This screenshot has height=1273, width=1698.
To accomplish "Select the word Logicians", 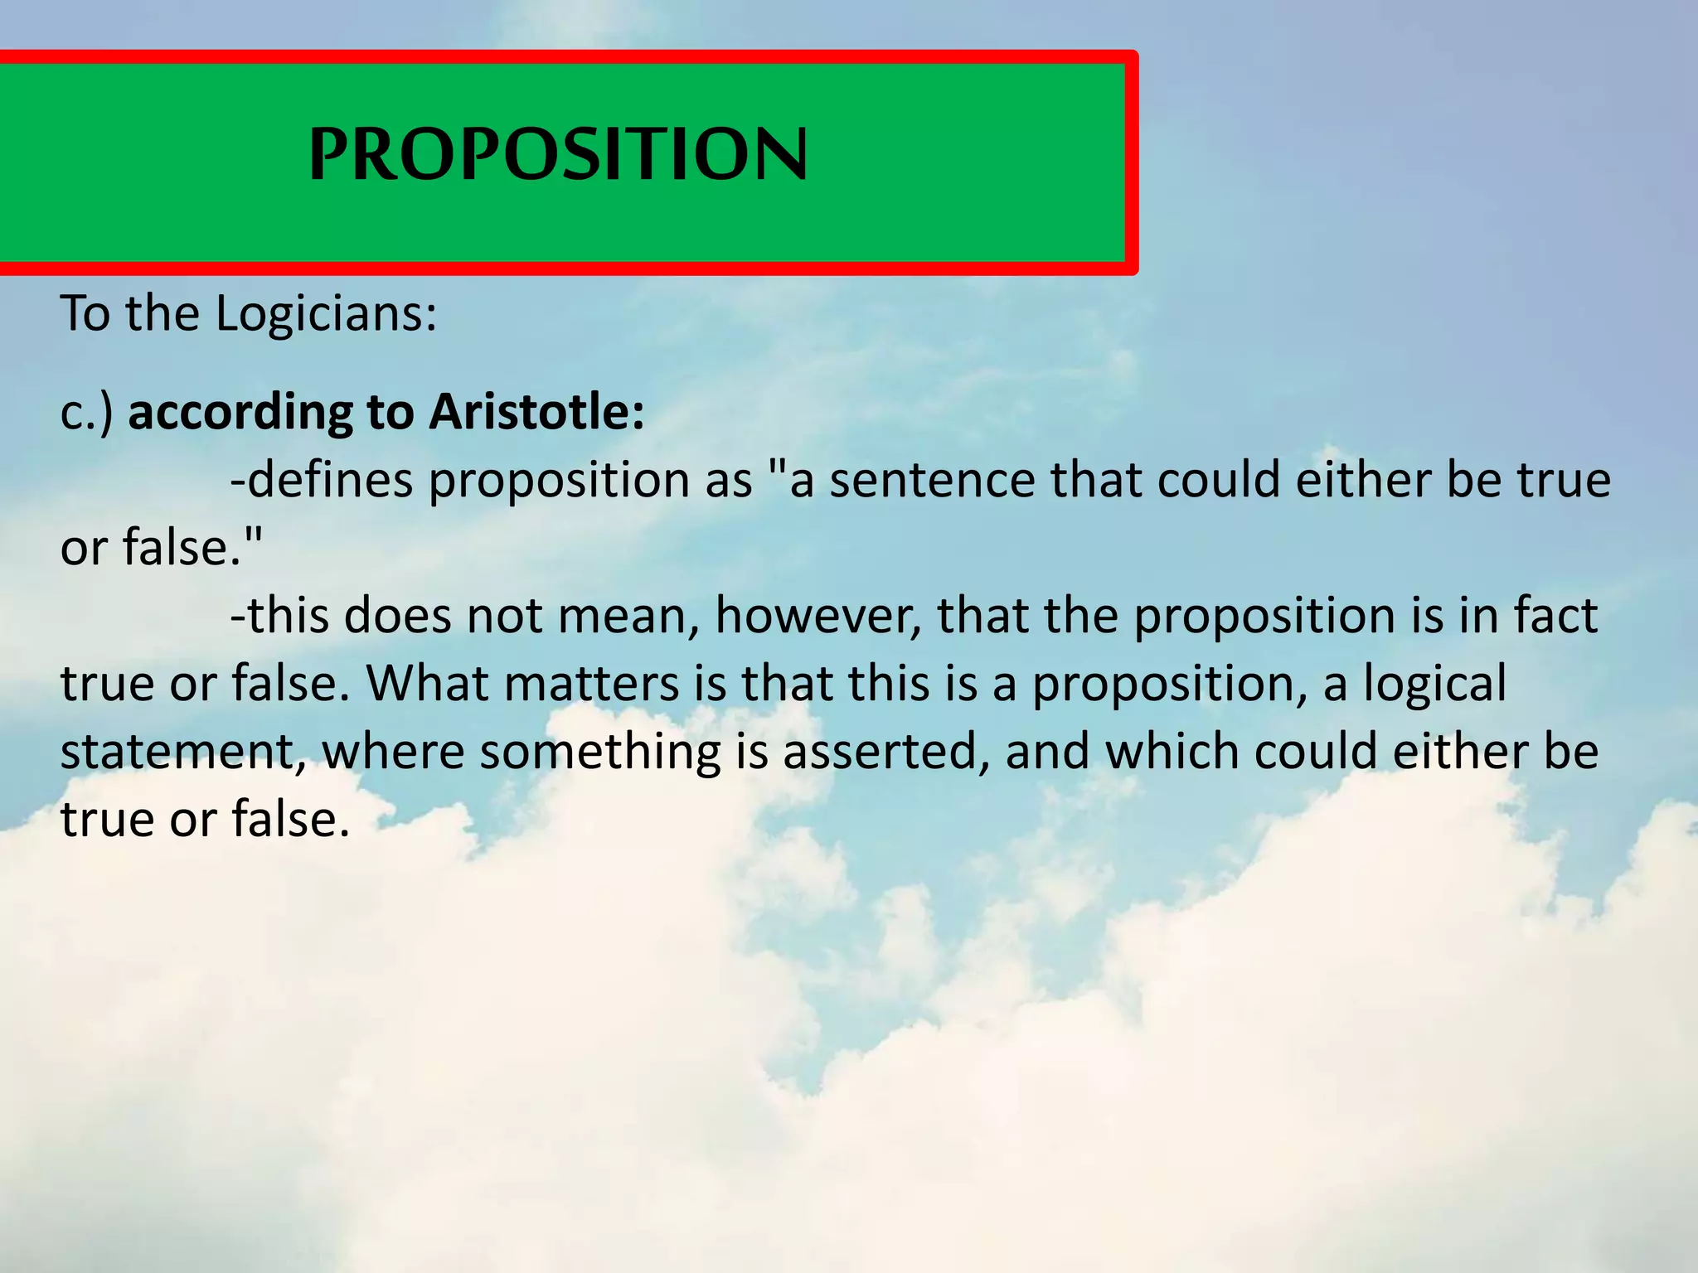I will pyautogui.click(x=325, y=314).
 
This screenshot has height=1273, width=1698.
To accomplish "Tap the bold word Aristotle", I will pyautogui.click(x=536, y=412).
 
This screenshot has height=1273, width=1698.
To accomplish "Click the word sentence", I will pyautogui.click(x=932, y=480).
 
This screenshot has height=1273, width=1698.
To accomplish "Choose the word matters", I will pyautogui.click(x=591, y=685).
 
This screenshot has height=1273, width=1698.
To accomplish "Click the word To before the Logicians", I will pyautogui.click(x=85, y=314).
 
